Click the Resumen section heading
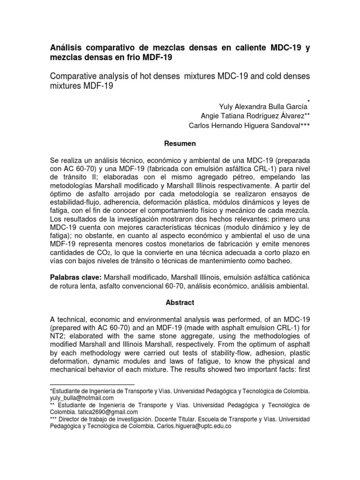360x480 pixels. coord(180,143)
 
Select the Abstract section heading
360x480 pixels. coord(180,303)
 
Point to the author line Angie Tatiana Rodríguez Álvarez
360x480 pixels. coord(255,116)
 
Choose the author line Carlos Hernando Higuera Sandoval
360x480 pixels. coord(249,125)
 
